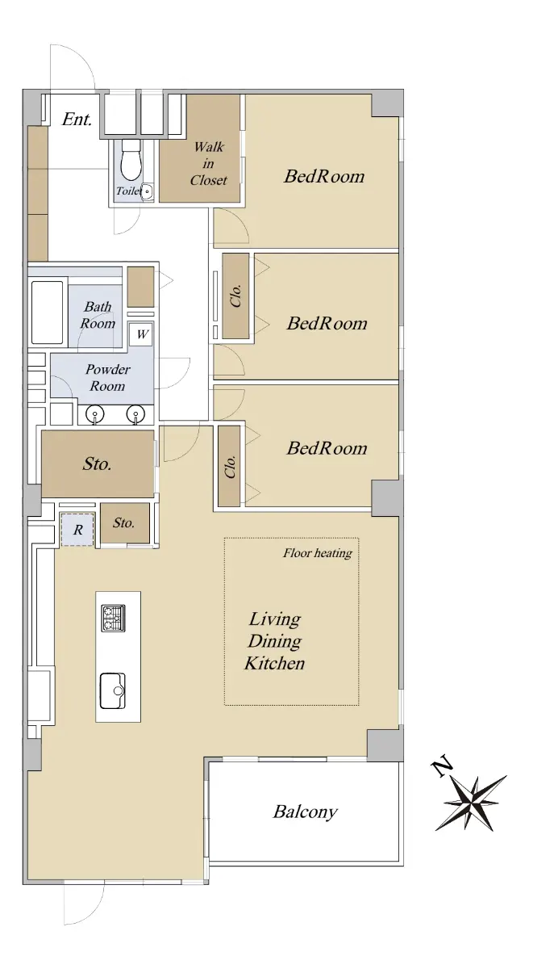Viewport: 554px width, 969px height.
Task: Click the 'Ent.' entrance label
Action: point(77,119)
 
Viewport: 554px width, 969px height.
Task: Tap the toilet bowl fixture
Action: point(131,161)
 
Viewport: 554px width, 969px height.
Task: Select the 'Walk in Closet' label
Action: point(209,163)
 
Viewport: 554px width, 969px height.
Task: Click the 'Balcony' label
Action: point(305,812)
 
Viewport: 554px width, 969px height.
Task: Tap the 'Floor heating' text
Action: point(318,553)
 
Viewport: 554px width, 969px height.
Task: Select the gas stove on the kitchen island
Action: point(114,618)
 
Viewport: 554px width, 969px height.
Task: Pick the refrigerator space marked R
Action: point(77,530)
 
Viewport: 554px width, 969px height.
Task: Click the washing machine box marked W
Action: point(142,334)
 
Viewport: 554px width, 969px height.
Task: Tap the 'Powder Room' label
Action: point(107,378)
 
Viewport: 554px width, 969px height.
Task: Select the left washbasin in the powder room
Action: point(94,414)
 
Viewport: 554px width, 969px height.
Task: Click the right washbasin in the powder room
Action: point(135,414)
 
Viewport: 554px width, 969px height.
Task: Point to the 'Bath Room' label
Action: point(98,315)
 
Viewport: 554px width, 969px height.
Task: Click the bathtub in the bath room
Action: point(48,313)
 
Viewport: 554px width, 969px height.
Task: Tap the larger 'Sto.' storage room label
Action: point(97,464)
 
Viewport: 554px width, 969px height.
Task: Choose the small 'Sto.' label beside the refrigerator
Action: point(123,523)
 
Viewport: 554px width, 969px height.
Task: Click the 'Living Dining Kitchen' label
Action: point(275,641)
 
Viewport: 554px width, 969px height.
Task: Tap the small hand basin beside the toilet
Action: point(148,191)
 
